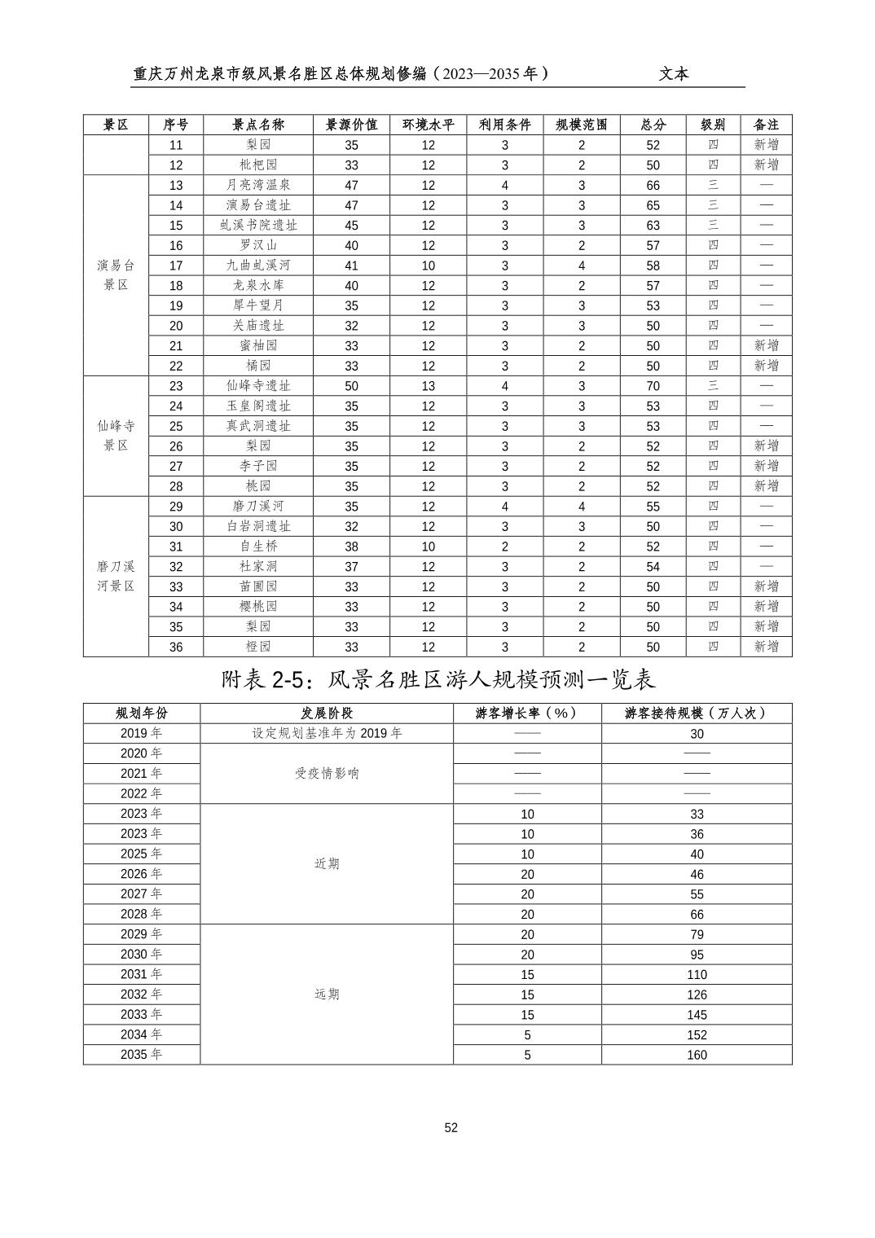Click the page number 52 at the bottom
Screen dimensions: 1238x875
(x=451, y=1127)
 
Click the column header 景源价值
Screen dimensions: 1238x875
(x=351, y=125)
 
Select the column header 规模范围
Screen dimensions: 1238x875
(x=582, y=125)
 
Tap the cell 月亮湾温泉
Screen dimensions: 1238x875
(x=258, y=185)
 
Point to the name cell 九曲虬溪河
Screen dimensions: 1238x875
(x=258, y=266)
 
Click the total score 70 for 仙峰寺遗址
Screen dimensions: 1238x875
(x=653, y=386)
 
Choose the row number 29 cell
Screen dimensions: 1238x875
(x=176, y=507)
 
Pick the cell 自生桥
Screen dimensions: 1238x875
(x=258, y=547)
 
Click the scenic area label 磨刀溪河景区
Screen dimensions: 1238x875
(x=116, y=576)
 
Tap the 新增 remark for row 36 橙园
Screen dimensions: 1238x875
(x=766, y=647)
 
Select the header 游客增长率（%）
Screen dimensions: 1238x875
(x=527, y=713)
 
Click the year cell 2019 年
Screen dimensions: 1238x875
(x=141, y=733)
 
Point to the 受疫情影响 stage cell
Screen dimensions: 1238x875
(x=326, y=773)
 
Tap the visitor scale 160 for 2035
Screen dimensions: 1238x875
(x=697, y=1055)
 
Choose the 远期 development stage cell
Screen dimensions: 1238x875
(x=326, y=994)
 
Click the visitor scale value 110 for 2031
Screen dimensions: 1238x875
(x=697, y=974)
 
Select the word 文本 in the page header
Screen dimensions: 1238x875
(x=674, y=74)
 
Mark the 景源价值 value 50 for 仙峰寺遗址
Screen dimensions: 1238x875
(x=351, y=386)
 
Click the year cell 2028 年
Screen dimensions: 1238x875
(x=141, y=914)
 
